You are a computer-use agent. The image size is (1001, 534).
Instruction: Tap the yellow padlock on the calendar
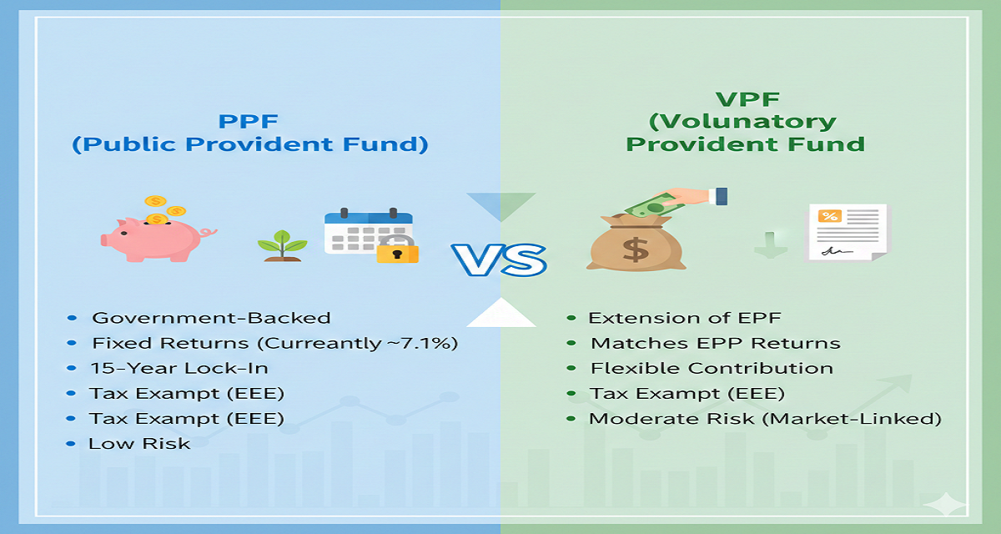(x=397, y=249)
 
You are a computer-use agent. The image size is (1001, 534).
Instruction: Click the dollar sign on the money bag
(x=636, y=249)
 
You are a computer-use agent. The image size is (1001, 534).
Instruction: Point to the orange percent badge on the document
(x=830, y=216)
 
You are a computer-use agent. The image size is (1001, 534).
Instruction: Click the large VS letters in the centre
(x=499, y=259)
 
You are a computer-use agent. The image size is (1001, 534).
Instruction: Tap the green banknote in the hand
(x=654, y=206)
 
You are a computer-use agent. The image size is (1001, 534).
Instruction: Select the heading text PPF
(x=249, y=121)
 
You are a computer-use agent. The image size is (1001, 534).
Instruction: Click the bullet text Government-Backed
(x=211, y=318)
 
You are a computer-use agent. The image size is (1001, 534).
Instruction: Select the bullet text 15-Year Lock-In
(x=179, y=368)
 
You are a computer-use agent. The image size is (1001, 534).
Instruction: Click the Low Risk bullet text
(x=139, y=444)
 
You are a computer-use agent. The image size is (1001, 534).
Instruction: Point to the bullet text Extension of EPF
(x=685, y=318)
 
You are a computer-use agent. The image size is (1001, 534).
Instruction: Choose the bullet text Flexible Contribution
(x=712, y=368)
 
